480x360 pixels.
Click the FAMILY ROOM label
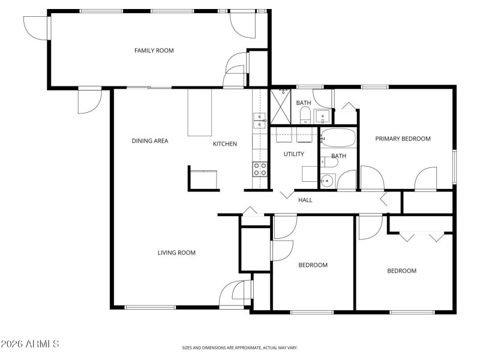pyautogui.click(x=154, y=50)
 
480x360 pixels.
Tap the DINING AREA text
pyautogui.click(x=150, y=141)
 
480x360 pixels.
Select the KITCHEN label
pyautogui.click(x=225, y=144)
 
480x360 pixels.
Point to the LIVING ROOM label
pyautogui.click(x=176, y=253)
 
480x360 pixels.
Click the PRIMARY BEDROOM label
pyautogui.click(x=403, y=139)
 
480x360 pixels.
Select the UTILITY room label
pyautogui.click(x=294, y=154)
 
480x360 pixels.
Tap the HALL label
pyautogui.click(x=305, y=200)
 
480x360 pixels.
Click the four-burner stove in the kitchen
pyautogui.click(x=260, y=169)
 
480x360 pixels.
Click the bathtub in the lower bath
pyautogui.click(x=338, y=139)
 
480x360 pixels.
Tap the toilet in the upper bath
pyautogui.click(x=305, y=115)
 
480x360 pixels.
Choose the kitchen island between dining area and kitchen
pyautogui.click(x=200, y=113)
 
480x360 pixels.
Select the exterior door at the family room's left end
pyautogui.click(x=36, y=27)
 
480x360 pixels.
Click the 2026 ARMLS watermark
pyautogui.click(x=30, y=344)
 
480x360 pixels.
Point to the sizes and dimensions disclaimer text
pyautogui.click(x=240, y=347)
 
